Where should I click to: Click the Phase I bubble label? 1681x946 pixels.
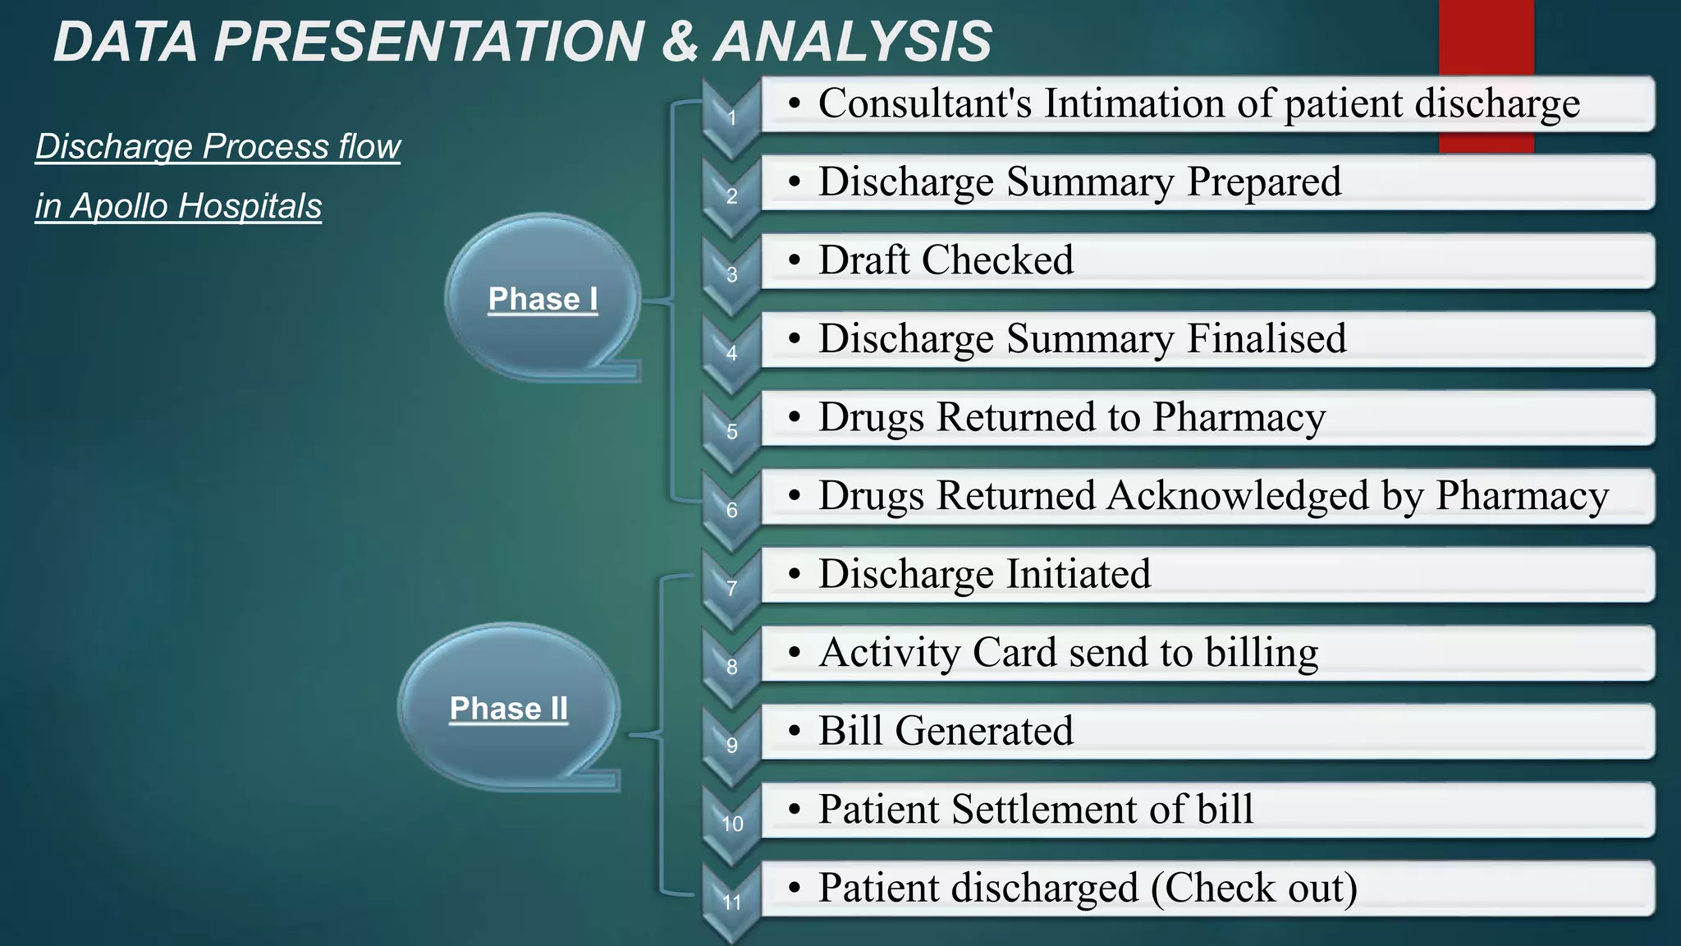click(x=543, y=299)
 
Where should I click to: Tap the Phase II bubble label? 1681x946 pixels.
click(x=509, y=708)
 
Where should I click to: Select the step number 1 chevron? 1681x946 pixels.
click(x=731, y=118)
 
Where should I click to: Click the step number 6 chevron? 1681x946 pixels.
click(x=731, y=510)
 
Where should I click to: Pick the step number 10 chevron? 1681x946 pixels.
click(x=731, y=824)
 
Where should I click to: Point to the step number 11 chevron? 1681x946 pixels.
click(x=731, y=902)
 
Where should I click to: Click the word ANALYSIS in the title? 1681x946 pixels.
click(x=853, y=42)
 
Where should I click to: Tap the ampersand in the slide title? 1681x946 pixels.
click(x=679, y=42)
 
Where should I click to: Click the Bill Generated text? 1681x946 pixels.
click(x=946, y=730)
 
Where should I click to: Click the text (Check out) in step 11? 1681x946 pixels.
click(x=1253, y=888)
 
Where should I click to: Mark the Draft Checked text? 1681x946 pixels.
click(x=946, y=260)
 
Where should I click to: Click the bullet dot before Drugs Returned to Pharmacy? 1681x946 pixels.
click(x=794, y=418)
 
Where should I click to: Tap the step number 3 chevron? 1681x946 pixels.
click(x=731, y=275)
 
